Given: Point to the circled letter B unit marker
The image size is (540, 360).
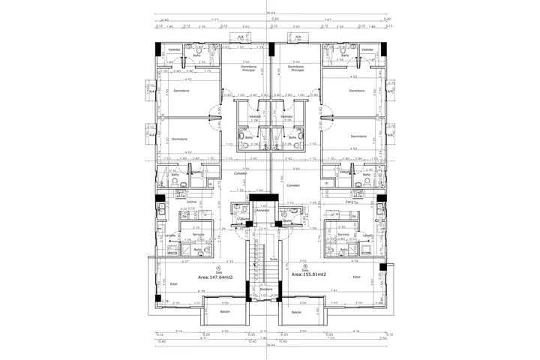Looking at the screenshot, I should pyautogui.click(x=304, y=265).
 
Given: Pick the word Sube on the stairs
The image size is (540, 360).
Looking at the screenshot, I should pyautogui.click(x=273, y=259).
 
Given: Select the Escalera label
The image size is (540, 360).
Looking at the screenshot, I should pyautogui.click(x=265, y=289).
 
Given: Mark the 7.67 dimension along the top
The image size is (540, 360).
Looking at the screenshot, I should pyautogui.click(x=328, y=20).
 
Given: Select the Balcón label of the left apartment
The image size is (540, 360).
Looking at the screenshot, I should pyautogui.click(x=225, y=311).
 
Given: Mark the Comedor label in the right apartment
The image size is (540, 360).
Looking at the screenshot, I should pyautogui.click(x=292, y=184).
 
